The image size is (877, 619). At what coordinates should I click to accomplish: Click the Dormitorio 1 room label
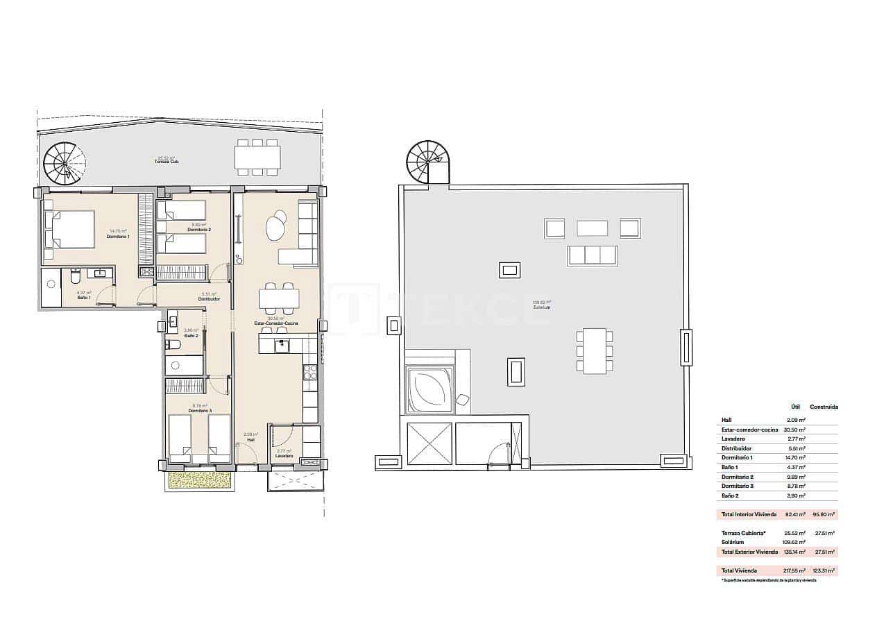118,237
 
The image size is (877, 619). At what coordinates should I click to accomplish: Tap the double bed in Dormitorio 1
69,229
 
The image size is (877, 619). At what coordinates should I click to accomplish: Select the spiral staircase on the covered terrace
65,164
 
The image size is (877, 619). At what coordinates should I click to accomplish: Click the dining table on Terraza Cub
257,158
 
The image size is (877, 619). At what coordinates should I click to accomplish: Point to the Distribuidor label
210,299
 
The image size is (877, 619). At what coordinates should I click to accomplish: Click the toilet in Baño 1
75,278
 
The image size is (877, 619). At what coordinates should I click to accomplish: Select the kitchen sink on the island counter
282,344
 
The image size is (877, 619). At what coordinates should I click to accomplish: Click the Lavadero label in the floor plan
283,456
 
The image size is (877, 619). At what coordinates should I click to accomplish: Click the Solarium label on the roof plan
541,307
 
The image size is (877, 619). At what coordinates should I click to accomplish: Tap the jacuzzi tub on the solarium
429,390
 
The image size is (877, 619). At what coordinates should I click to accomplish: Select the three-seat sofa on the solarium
593,255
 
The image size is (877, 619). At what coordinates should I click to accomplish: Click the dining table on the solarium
595,350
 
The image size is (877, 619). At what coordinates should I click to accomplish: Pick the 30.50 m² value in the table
796,430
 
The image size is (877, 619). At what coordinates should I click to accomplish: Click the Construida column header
824,407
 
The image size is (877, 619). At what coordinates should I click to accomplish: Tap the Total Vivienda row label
738,570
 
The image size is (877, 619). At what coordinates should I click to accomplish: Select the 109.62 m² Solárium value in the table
795,542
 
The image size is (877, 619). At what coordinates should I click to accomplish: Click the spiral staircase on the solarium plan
428,162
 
